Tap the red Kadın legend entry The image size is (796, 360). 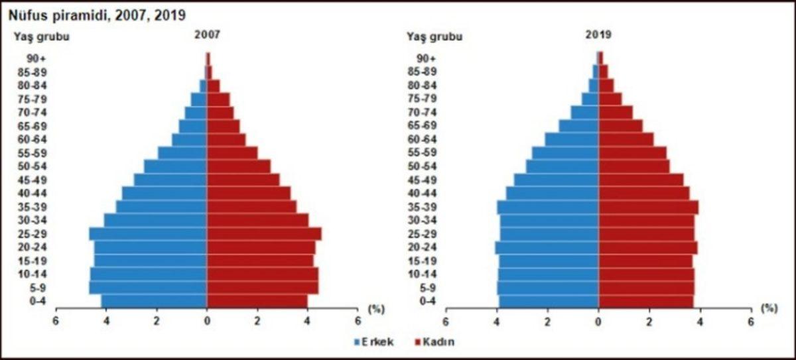[434, 342]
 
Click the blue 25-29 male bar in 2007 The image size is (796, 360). [148, 234]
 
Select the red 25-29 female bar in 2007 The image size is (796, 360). [264, 234]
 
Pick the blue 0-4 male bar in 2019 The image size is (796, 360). [549, 302]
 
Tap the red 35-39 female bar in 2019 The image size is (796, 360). [648, 207]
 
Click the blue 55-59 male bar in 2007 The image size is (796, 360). [182, 152]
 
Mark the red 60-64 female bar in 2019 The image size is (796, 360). [626, 139]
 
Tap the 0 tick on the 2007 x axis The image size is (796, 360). [207, 321]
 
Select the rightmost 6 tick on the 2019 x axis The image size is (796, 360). [750, 321]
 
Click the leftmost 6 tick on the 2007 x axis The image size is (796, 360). [56, 321]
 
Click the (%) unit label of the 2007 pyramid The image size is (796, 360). [375, 308]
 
